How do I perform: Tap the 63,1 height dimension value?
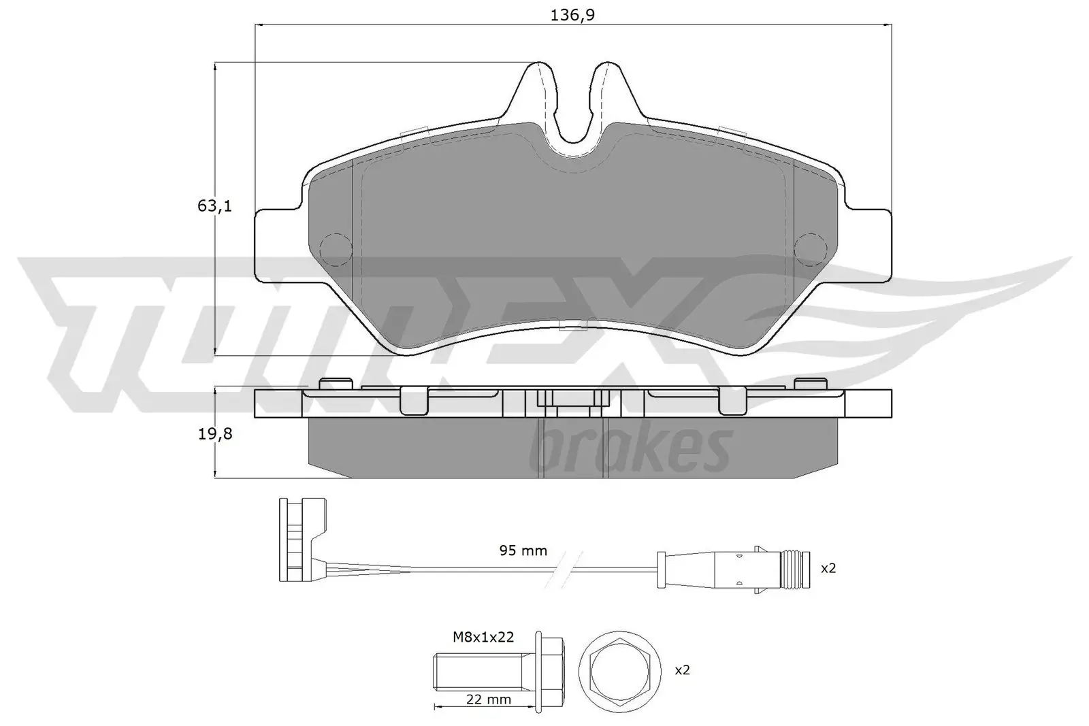point(215,205)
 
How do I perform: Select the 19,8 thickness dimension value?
point(215,433)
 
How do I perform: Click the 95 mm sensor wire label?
point(523,550)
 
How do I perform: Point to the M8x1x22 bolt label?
point(483,637)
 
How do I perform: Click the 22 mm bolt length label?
point(489,699)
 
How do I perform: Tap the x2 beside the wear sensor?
point(828,568)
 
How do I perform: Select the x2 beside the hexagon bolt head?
point(682,670)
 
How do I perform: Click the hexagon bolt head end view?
point(621,670)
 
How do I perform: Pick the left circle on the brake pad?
point(335,247)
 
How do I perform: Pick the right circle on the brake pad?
point(810,247)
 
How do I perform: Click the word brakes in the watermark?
point(630,451)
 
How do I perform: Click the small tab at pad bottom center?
point(573,326)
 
